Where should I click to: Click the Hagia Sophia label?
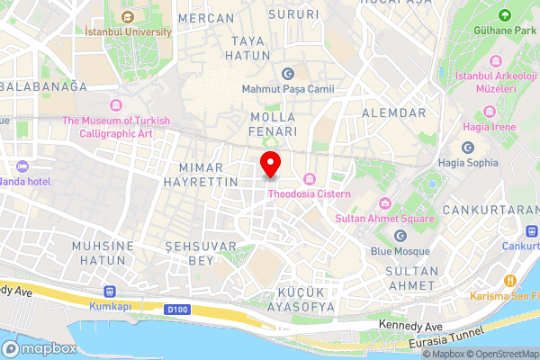(x=467, y=163)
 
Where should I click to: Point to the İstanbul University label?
(x=127, y=31)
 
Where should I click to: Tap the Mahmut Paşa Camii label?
(x=288, y=88)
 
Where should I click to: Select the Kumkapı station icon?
(x=111, y=292)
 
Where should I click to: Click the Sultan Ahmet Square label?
(x=384, y=219)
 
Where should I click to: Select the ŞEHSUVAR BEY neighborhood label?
(x=201, y=253)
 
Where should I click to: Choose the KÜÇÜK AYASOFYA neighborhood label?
(x=294, y=299)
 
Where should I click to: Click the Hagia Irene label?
(x=490, y=127)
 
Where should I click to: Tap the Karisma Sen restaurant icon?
(x=508, y=279)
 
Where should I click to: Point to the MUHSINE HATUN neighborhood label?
(x=103, y=253)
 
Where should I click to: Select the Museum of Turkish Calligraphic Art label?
(x=117, y=127)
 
